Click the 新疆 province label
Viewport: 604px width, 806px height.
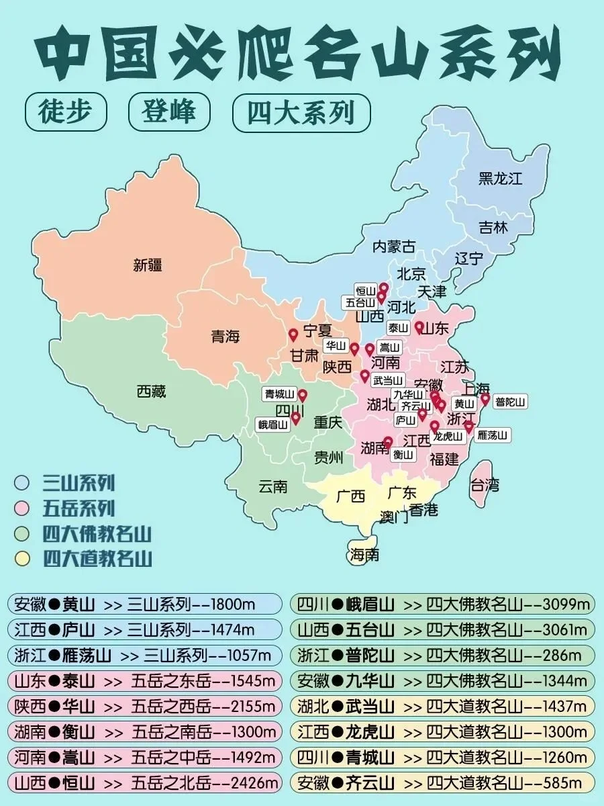coord(148,265)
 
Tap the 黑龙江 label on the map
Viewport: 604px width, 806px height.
coord(500,179)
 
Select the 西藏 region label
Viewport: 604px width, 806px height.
coord(151,391)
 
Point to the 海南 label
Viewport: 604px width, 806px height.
coord(364,554)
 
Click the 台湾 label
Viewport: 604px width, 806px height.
coord(485,484)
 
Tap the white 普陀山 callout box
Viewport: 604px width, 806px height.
coord(510,402)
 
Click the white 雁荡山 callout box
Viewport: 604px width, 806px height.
coord(492,435)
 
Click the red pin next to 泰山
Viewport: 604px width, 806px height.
coord(419,326)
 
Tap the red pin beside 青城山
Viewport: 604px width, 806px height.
coord(302,395)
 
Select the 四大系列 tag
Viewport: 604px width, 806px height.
coord(301,112)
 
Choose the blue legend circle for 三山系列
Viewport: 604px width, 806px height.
coord(23,482)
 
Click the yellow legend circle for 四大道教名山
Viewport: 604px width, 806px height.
coord(23,557)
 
